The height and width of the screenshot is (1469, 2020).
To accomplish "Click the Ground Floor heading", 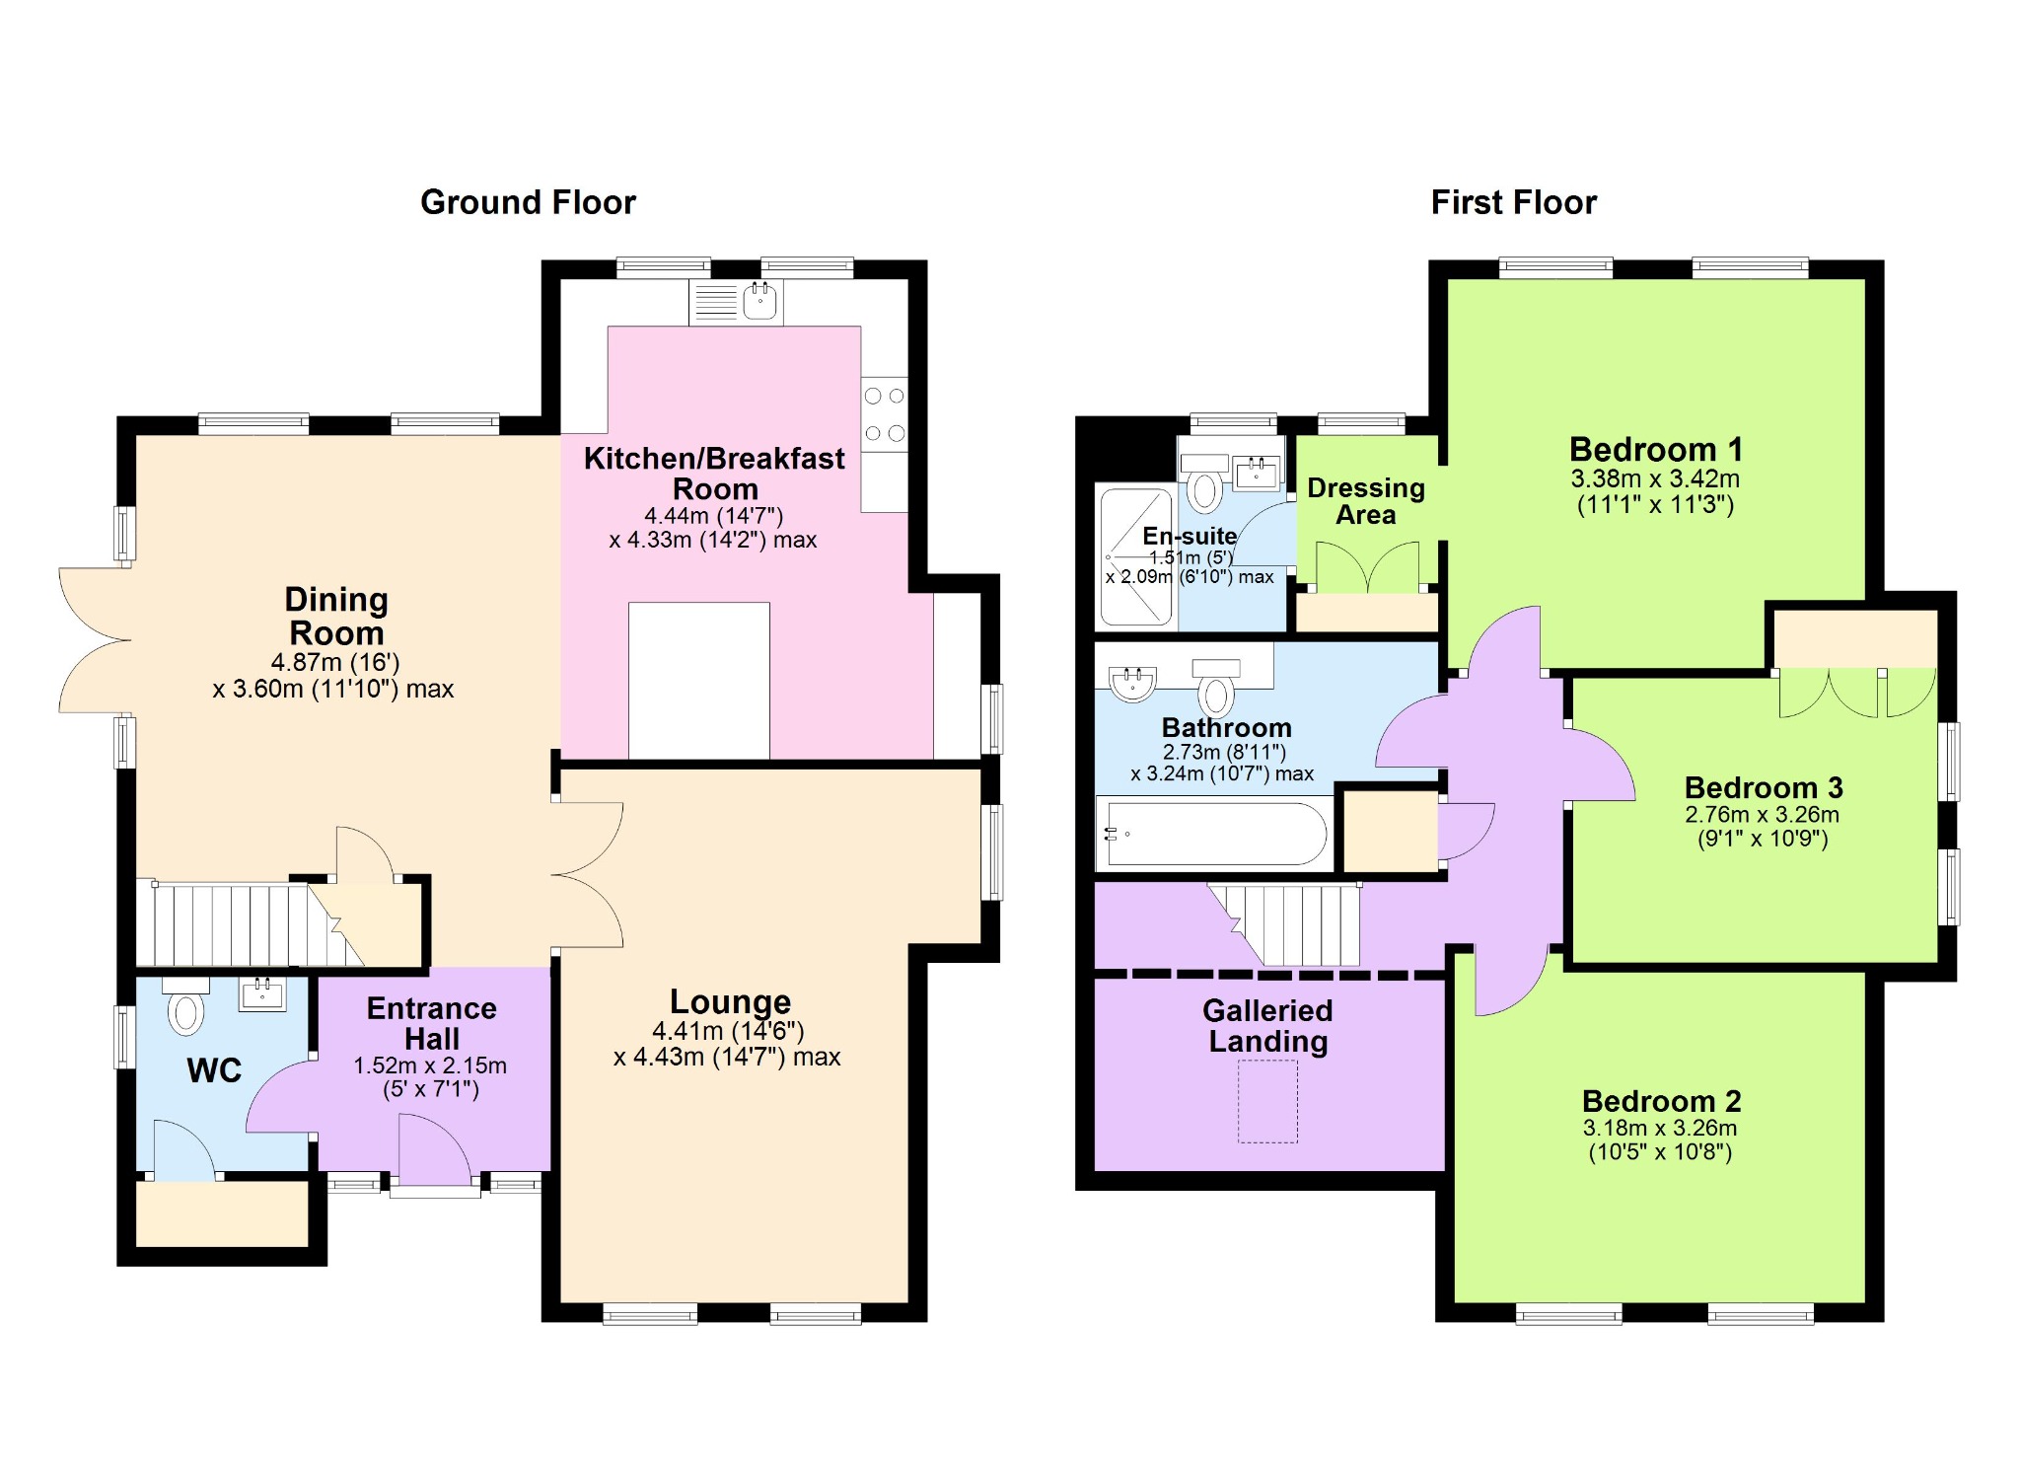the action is point(528,202).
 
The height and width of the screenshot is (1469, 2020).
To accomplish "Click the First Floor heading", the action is point(1513,202).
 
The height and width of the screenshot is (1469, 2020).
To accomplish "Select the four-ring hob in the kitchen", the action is point(884,414).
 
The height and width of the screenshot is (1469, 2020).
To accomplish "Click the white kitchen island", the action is point(699,680).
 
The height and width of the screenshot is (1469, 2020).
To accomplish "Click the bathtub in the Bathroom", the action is point(1217,834).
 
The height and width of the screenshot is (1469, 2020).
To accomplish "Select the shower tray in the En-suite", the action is point(1136,556).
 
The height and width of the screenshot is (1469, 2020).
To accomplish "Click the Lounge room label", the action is point(730,1001).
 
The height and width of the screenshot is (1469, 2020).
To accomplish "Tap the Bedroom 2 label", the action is point(1661,1101).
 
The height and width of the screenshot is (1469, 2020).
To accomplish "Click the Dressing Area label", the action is point(1366,501).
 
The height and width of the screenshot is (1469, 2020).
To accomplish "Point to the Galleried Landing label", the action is point(1267,1026).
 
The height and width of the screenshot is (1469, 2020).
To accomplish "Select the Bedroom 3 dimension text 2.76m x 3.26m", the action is point(1762,815).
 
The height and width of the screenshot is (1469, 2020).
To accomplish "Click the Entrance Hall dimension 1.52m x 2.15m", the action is point(430,1065).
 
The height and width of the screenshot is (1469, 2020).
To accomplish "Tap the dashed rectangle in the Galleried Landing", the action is point(1267,1102).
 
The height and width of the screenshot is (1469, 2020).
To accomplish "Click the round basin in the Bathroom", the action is point(1132,683).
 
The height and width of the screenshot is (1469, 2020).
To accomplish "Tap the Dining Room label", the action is point(336,616).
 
